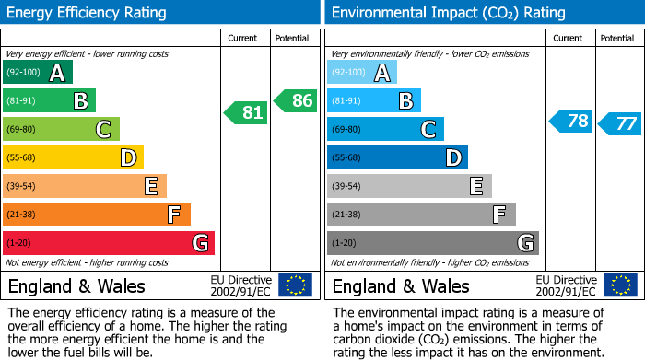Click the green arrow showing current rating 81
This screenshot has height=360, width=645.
[246, 112]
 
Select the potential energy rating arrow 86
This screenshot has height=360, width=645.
[296, 100]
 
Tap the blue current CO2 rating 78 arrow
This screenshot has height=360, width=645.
[571, 122]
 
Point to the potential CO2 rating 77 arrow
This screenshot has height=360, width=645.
[620, 123]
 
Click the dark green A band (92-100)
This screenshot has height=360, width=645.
[38, 73]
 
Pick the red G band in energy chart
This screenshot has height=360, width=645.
[109, 243]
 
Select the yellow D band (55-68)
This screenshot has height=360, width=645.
[73, 157]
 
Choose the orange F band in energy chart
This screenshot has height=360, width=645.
[97, 215]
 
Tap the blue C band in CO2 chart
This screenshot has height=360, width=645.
[385, 129]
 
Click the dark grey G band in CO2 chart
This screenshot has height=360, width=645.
[432, 243]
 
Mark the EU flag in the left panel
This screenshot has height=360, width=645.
[295, 285]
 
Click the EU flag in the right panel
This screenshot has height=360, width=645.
[619, 285]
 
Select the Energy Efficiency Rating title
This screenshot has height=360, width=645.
[88, 13]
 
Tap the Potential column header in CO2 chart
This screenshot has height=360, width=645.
[616, 38]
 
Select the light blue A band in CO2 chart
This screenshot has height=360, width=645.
[362, 73]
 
